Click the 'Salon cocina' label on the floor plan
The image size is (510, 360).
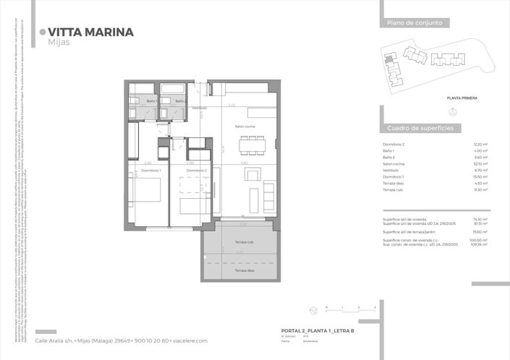[245, 127]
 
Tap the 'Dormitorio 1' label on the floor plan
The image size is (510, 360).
[150, 171]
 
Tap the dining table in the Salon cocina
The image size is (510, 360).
[252, 145]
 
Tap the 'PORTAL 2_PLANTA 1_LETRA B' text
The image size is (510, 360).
[317, 330]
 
